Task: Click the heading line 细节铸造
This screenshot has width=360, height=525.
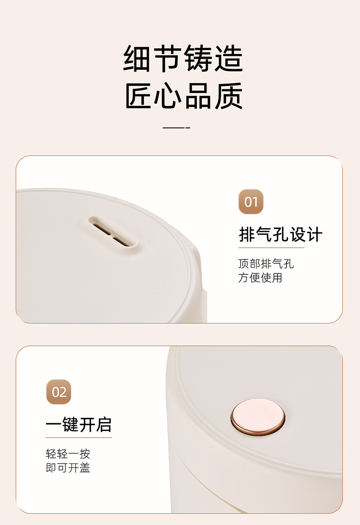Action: click(x=183, y=59)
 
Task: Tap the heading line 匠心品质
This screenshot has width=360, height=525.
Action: click(x=184, y=96)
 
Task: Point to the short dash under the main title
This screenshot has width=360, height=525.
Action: click(x=176, y=128)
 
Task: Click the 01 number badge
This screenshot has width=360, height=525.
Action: click(x=251, y=201)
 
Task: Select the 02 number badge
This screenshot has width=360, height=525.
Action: click(x=59, y=392)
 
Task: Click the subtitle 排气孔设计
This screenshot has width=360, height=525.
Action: click(x=281, y=234)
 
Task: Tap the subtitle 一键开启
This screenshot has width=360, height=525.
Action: click(x=79, y=425)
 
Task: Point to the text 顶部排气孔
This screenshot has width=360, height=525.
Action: click(x=266, y=263)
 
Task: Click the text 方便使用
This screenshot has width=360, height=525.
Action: click(x=260, y=278)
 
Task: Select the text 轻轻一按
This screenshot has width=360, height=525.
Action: click(x=68, y=454)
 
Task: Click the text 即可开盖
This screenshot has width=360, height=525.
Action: click(x=68, y=468)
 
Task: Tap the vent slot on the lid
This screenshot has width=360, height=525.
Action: click(x=113, y=232)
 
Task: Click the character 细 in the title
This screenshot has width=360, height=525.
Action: click(x=137, y=59)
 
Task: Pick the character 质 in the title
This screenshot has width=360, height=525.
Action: click(x=229, y=96)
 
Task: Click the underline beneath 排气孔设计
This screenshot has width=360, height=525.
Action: click(x=271, y=248)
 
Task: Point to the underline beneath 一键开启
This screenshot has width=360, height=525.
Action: click(x=79, y=437)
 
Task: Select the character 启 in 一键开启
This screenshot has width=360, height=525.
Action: click(x=103, y=425)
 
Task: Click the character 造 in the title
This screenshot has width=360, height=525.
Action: click(x=229, y=59)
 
